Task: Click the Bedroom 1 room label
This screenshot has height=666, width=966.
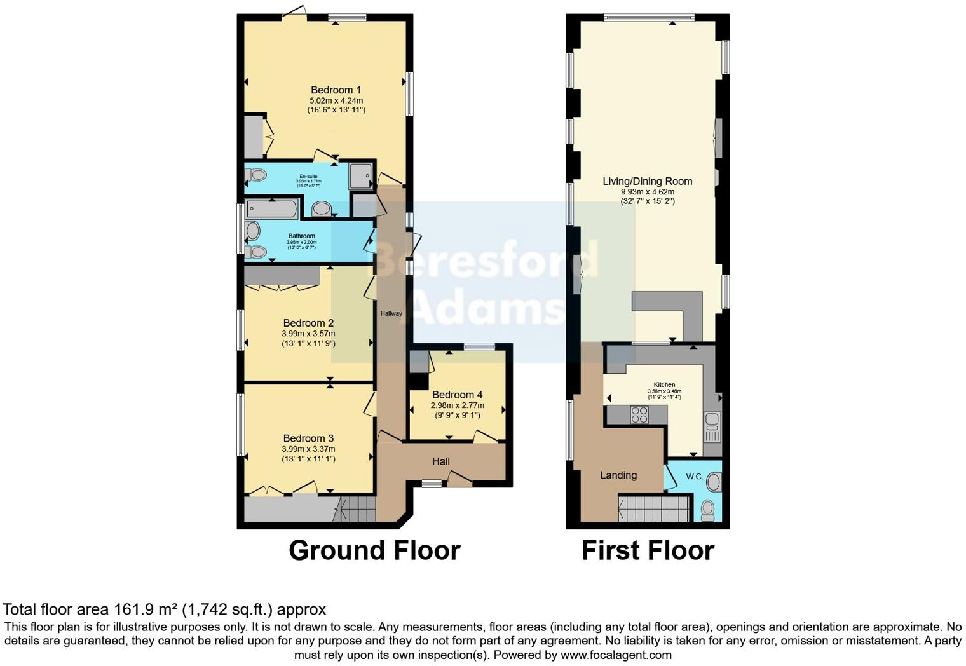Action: click(x=336, y=90)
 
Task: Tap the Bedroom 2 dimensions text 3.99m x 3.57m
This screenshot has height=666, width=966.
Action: click(x=308, y=334)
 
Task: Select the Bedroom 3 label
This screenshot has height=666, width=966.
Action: click(x=308, y=438)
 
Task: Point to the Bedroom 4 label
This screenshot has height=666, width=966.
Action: click(x=457, y=395)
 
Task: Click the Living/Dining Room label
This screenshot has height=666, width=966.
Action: click(x=647, y=182)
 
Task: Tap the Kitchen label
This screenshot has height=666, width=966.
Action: click(x=664, y=384)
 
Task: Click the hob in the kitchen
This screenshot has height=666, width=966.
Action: click(x=639, y=415)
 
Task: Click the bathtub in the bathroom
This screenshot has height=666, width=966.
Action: click(x=272, y=208)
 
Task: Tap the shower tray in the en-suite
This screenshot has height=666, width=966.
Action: click(x=360, y=175)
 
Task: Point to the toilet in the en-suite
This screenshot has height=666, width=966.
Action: click(x=256, y=174)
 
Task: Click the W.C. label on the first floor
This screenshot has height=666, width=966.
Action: click(x=694, y=477)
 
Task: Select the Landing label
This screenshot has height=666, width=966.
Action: click(x=618, y=475)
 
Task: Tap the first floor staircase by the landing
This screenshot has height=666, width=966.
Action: click(x=654, y=509)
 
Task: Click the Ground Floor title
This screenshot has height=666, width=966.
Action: click(x=374, y=550)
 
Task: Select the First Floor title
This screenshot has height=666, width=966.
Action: click(x=648, y=550)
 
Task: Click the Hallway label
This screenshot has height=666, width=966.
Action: click(x=391, y=313)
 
